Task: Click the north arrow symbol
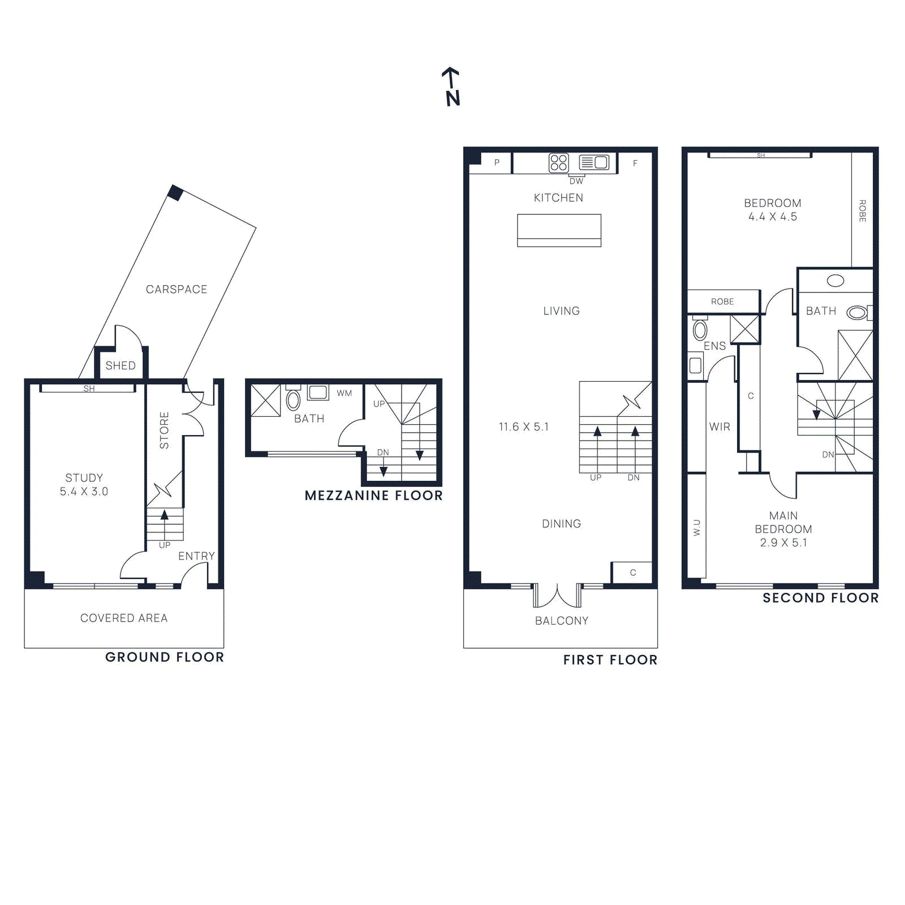point(451,87)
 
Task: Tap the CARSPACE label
point(176,289)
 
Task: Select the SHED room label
point(120,365)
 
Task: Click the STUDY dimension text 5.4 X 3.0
point(84,492)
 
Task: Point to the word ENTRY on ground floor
point(196,556)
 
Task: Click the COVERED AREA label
point(124,618)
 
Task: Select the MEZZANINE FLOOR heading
point(373,495)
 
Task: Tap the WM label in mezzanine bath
point(344,393)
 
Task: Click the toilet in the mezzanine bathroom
point(293,399)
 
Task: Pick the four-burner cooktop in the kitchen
point(558,163)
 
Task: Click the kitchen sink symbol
point(594,163)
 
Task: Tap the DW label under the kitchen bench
point(576,182)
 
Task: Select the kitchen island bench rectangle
point(559,230)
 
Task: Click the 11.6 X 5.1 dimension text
point(524,427)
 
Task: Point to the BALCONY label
point(562,620)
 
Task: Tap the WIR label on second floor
point(719,426)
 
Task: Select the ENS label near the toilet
point(714,346)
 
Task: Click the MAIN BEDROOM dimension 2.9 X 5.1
point(783,542)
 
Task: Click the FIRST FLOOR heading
point(610,660)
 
